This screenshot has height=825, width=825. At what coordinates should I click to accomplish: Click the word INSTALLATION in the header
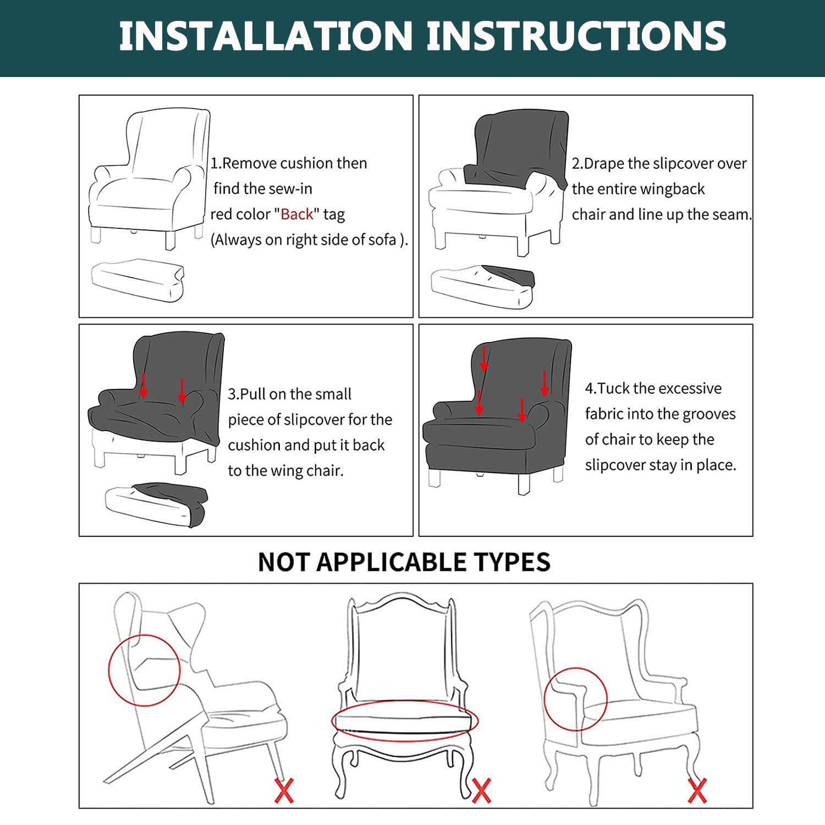click(266, 36)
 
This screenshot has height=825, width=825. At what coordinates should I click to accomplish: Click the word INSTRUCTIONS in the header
click(576, 36)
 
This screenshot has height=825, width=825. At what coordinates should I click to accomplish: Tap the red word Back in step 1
click(297, 214)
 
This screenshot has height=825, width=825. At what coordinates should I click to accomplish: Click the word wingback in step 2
click(672, 189)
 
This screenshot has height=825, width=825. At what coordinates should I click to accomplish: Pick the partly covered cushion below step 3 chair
click(156, 505)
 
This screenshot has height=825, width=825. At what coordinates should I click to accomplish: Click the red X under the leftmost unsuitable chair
click(284, 790)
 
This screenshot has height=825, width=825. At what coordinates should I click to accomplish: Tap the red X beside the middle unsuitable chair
click(481, 791)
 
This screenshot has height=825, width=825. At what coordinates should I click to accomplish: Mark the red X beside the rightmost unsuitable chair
click(697, 791)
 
